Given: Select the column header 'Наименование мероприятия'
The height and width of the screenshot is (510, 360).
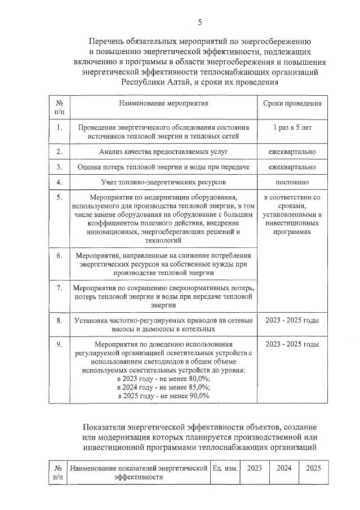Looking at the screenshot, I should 163,104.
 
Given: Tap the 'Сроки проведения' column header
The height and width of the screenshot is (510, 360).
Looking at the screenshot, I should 292,104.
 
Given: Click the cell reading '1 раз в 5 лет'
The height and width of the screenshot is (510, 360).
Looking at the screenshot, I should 292,127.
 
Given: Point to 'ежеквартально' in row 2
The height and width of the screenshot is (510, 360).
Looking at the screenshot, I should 292,152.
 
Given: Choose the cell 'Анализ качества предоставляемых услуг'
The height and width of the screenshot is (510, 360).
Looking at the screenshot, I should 163,152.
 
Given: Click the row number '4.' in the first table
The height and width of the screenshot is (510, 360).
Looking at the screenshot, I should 59,182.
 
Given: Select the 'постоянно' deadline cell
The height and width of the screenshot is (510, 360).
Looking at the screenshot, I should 292,182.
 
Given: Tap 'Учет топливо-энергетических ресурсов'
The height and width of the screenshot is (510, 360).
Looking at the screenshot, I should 163,182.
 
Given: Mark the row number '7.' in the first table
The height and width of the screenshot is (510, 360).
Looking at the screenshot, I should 59,287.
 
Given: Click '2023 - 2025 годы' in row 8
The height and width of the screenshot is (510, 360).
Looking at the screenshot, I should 292,320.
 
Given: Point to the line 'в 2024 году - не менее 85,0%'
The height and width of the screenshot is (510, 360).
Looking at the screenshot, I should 163,387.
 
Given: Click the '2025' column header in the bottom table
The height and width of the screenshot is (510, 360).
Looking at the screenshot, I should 313,468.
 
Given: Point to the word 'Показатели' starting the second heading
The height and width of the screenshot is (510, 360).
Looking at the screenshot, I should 106,427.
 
